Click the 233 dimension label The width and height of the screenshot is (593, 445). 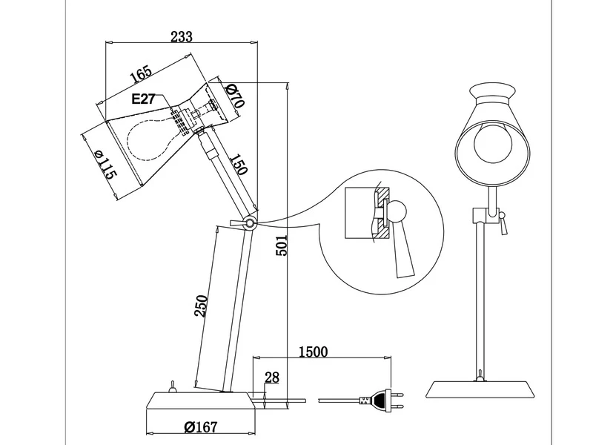182,36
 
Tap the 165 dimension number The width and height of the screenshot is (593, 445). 141,73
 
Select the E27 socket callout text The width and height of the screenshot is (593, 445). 143,99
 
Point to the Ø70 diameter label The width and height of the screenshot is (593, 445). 235,96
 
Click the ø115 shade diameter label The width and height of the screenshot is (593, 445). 106,165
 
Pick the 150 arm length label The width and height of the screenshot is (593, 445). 239,164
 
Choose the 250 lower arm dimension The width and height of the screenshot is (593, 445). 201,306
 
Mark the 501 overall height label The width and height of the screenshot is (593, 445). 282,245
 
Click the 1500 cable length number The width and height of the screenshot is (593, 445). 313,352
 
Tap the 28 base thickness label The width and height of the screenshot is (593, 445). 272,378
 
